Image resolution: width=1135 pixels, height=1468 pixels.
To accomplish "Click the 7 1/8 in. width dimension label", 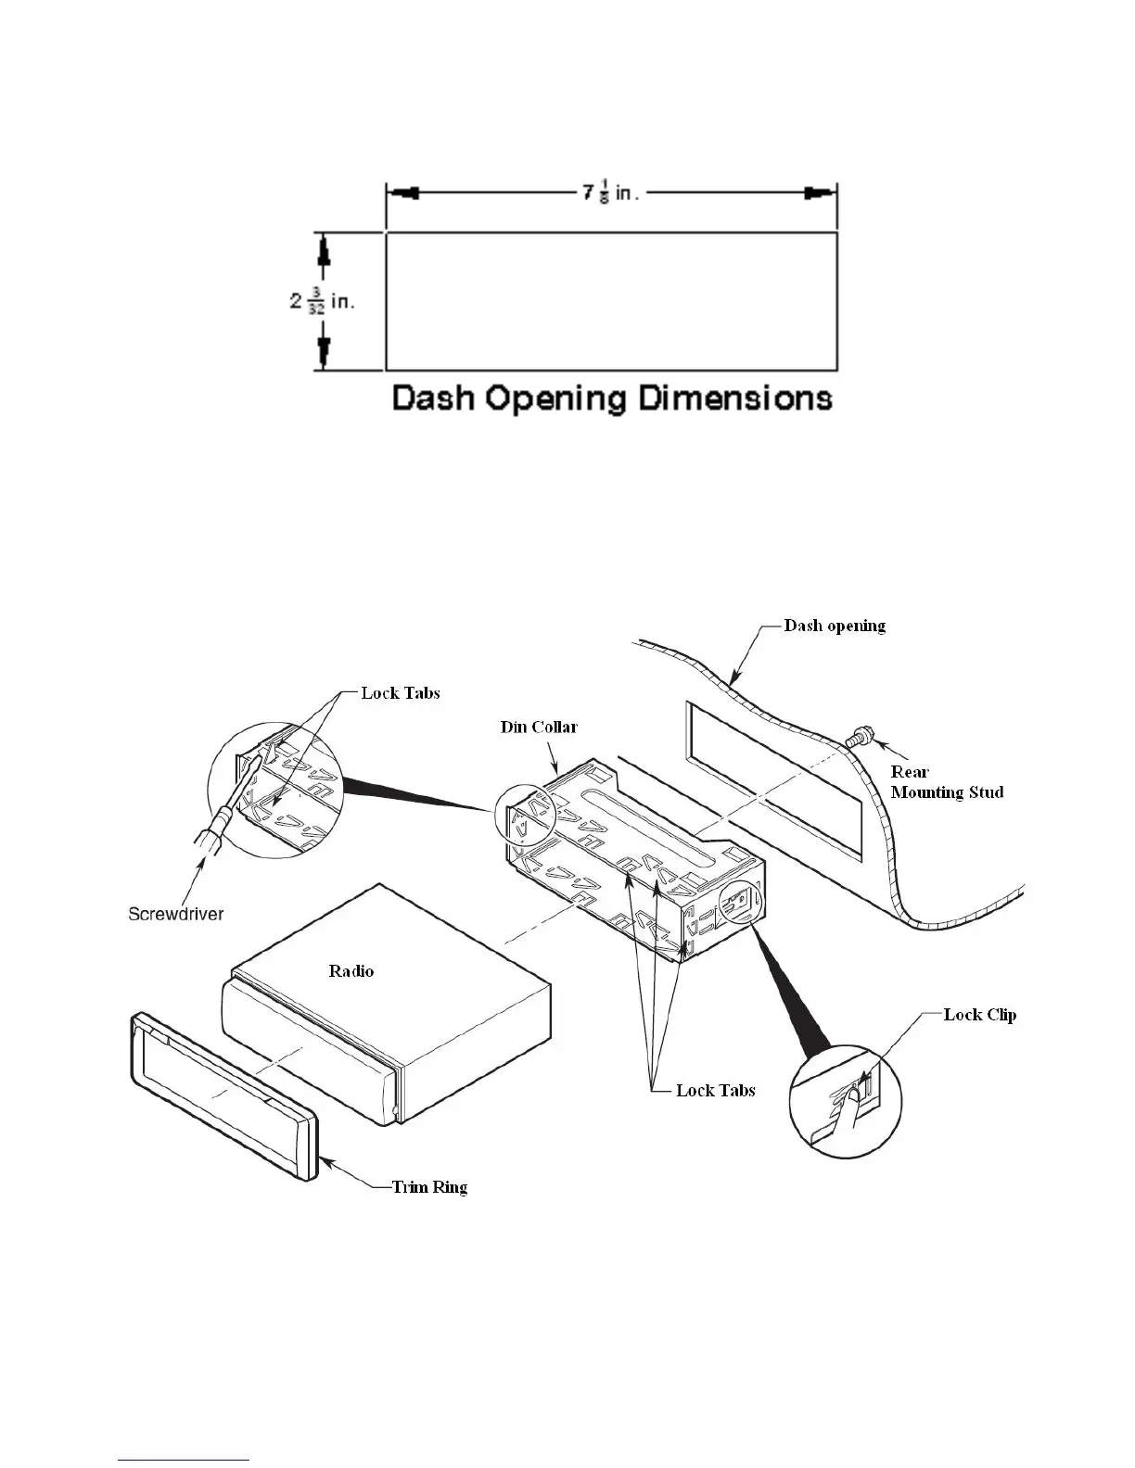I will tap(611, 195).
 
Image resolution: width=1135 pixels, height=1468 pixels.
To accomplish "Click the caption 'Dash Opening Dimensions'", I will tap(611, 399).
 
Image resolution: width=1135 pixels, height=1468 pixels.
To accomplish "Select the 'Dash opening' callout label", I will tap(835, 626).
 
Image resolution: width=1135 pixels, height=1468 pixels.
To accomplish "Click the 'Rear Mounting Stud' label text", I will tap(946, 781).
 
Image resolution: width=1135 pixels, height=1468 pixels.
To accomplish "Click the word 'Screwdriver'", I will tap(175, 914).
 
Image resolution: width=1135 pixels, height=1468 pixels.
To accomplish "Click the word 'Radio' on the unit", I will tap(351, 971).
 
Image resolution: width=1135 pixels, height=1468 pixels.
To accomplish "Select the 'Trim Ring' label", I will tap(429, 1187).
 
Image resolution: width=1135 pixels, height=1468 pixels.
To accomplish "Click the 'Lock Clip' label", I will tap(979, 1015).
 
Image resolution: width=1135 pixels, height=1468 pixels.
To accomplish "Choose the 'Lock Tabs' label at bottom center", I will tap(715, 1091).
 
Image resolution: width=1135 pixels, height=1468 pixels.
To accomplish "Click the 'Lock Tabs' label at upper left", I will tap(401, 693).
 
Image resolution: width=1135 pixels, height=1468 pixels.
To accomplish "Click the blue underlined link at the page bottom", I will tap(185, 1460).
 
